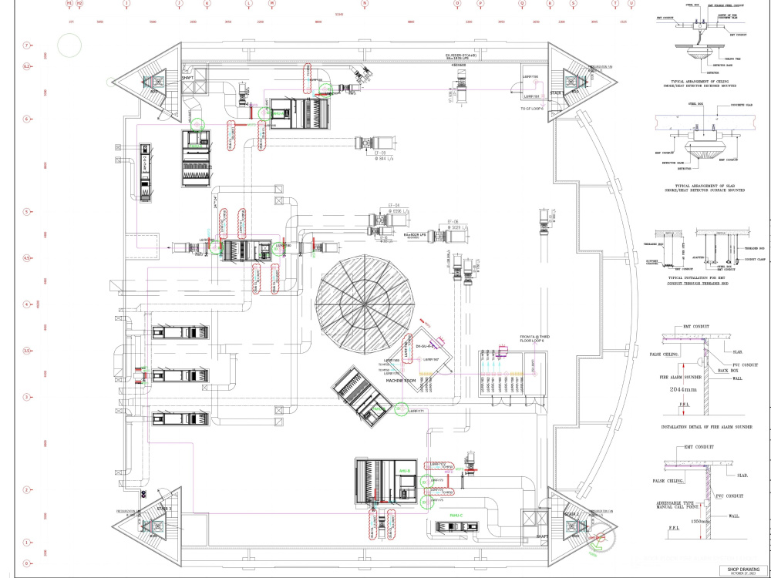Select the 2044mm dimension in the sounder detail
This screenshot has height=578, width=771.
pos(675,390)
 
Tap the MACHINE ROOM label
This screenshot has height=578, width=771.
pos(402,381)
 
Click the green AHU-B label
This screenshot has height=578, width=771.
pos(405,471)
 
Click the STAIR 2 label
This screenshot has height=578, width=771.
pos(571,513)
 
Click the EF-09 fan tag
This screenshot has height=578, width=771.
pos(379,153)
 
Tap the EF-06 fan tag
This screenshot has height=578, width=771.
pos(453,220)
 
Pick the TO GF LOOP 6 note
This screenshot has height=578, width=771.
pos(532,109)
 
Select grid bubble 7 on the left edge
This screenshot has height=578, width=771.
pos(26,45)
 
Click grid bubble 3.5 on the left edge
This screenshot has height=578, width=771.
pos(26,351)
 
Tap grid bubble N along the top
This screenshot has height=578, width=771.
pos(365,4)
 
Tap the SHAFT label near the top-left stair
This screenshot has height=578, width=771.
pos(187,77)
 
